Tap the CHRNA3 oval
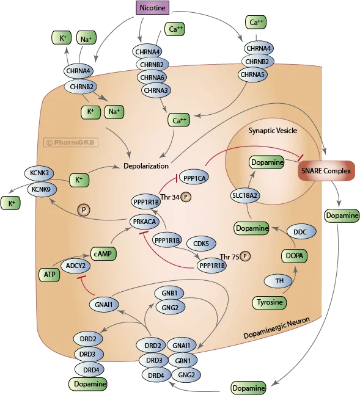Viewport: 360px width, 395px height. point(156,90)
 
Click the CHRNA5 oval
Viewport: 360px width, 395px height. point(254,74)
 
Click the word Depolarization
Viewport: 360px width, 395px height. point(145,166)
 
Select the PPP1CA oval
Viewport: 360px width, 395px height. point(194,177)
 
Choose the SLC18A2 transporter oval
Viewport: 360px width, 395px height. point(243,195)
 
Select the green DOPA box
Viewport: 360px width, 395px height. point(294,256)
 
